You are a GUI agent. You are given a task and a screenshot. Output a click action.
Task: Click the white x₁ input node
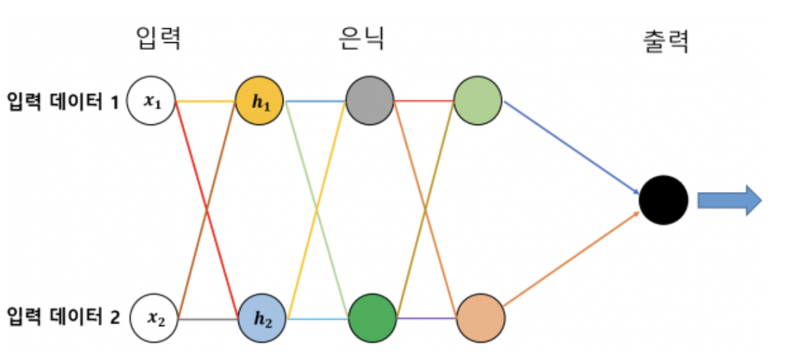tap(151, 101)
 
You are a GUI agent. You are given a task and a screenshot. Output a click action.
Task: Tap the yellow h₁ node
tap(260, 101)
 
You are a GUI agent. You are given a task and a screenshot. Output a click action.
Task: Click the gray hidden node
tap(369, 101)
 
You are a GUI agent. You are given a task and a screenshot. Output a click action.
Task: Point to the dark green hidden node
tap(372, 319)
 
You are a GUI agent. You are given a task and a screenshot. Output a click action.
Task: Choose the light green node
tap(478, 101)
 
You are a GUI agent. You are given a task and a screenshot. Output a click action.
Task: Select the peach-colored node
tap(480, 319)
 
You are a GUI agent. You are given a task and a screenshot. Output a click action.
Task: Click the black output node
tap(663, 200)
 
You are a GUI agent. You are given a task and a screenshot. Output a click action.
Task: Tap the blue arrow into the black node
tap(570, 146)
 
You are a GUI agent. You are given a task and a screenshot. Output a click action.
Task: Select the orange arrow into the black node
tap(570, 259)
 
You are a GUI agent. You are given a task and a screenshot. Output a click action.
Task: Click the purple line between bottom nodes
tap(426, 319)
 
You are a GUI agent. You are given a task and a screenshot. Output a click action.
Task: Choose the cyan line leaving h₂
tap(317, 319)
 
